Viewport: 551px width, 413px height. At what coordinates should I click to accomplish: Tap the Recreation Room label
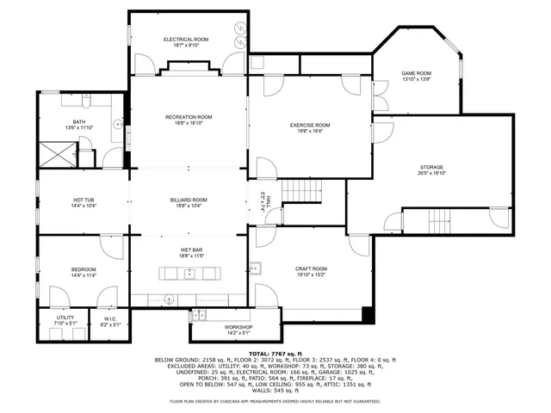pos(189,117)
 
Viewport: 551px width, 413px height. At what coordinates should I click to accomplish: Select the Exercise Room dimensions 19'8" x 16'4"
pos(310,132)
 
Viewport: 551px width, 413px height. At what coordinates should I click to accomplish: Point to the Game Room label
pos(417,74)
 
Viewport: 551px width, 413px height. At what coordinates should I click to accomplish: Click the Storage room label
pos(431,167)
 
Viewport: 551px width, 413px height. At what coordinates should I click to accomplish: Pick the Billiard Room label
pos(189,200)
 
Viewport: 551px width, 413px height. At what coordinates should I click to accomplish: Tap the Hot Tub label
pos(84,200)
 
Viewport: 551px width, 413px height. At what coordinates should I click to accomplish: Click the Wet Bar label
pos(189,250)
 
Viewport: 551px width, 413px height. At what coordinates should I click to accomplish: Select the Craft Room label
pos(311,269)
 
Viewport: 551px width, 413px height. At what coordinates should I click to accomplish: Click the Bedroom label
pos(84,269)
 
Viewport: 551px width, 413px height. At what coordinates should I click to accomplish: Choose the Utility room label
pos(65,317)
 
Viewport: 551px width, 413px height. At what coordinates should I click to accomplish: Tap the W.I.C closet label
pos(110,318)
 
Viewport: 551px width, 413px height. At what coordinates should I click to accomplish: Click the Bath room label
pos(79,122)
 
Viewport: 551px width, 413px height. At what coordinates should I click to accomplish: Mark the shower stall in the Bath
pos(58,155)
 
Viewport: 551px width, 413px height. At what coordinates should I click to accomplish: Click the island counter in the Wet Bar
pos(189,274)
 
